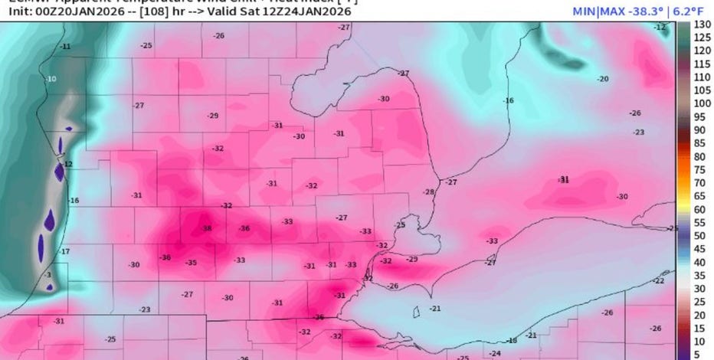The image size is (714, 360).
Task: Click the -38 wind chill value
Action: pos(206,228)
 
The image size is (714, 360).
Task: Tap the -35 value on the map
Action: pos(191,263)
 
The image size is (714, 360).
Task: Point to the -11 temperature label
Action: pos(66,47)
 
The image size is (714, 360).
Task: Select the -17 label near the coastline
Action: pos(65,251)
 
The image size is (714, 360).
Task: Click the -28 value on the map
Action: pos(429,191)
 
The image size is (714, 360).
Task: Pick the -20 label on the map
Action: pos(604,79)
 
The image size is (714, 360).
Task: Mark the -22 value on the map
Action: pos(658,281)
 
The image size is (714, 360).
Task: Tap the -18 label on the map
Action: pos(512,340)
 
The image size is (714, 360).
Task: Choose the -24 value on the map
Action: pos(496,353)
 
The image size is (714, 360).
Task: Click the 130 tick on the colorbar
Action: pos(699,25)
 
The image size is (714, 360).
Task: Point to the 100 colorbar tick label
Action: pos(699,103)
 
